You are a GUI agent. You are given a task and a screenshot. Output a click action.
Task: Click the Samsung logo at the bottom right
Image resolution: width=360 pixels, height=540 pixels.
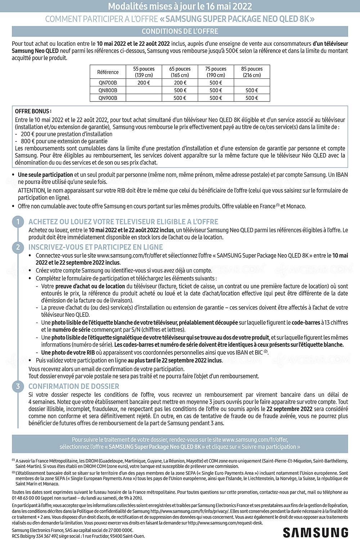click(x=316, y=532)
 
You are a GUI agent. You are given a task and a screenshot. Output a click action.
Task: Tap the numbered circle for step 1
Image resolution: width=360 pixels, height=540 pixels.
click(x=18, y=222)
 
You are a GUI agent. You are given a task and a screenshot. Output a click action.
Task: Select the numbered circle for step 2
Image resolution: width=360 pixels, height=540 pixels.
click(x=18, y=247)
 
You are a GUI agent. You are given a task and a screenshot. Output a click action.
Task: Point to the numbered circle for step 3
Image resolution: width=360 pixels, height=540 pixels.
click(x=18, y=386)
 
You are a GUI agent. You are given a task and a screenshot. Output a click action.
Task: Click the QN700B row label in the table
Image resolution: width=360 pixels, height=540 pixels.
click(x=108, y=83)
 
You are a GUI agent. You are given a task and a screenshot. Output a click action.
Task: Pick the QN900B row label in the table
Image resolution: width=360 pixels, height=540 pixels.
click(x=108, y=98)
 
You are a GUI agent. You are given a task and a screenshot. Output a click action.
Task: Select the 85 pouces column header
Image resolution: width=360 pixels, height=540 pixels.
click(x=252, y=72)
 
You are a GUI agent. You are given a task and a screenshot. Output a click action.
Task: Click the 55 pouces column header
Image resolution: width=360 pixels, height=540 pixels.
click(x=144, y=72)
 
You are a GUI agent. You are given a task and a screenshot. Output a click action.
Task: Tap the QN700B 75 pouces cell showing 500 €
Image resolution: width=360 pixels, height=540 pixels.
click(x=216, y=83)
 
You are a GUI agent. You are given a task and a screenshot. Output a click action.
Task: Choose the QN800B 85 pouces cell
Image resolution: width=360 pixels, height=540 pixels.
click(x=252, y=90)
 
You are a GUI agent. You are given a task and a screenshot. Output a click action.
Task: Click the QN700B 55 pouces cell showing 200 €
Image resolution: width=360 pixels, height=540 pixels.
click(x=144, y=83)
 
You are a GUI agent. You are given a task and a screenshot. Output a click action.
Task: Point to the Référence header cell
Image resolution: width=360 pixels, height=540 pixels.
click(x=108, y=72)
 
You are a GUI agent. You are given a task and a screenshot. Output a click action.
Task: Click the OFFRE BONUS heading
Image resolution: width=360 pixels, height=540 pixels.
click(x=33, y=111)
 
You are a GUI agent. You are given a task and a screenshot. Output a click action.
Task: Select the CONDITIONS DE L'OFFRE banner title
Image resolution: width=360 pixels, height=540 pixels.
click(x=180, y=31)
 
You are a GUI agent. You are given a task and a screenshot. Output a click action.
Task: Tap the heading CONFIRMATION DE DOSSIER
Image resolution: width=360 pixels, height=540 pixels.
click(x=74, y=386)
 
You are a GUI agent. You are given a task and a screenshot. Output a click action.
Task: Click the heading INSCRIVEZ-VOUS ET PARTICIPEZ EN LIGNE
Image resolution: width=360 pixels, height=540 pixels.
click(x=96, y=247)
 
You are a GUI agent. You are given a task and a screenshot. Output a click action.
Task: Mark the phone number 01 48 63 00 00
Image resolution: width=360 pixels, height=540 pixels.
click(x=26, y=498)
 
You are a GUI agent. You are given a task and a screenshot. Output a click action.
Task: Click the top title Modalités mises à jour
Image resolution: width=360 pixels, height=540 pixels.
click(x=180, y=6)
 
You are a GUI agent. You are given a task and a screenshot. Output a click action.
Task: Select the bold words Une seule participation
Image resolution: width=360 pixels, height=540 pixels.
click(x=45, y=175)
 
